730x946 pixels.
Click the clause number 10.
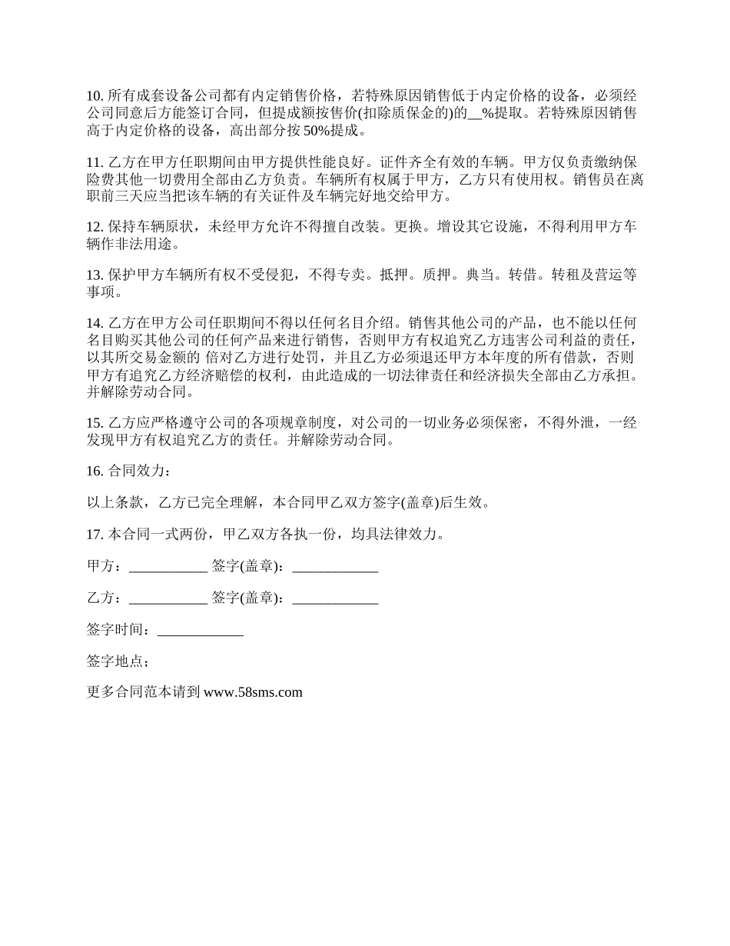point(95,96)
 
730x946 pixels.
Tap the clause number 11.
point(95,162)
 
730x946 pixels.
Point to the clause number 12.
point(95,228)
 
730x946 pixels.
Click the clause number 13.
point(95,276)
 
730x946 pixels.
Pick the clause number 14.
point(95,324)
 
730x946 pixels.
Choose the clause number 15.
point(95,422)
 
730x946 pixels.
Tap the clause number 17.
point(95,535)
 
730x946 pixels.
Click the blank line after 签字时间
point(200,630)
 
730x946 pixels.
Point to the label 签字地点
point(118,661)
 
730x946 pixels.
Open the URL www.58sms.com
point(254,692)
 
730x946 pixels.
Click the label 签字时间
point(118,630)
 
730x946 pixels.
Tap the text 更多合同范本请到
point(144,692)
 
